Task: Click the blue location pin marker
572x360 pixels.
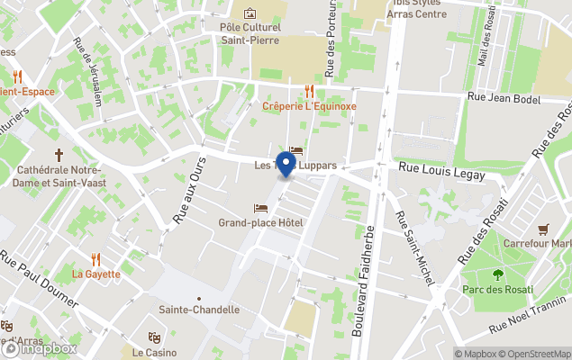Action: (x=286, y=165)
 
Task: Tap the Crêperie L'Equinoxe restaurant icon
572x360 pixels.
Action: (x=309, y=91)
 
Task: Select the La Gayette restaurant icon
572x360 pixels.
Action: (x=96, y=259)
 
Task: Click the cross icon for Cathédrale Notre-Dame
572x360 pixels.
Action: (x=59, y=155)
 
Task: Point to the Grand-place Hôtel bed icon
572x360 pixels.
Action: (x=260, y=209)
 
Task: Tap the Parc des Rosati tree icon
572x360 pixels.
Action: (x=498, y=275)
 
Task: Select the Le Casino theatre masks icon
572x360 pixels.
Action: (x=154, y=337)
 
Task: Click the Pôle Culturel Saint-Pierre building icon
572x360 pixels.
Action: (x=250, y=13)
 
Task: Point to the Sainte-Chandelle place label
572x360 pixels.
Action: (x=199, y=310)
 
